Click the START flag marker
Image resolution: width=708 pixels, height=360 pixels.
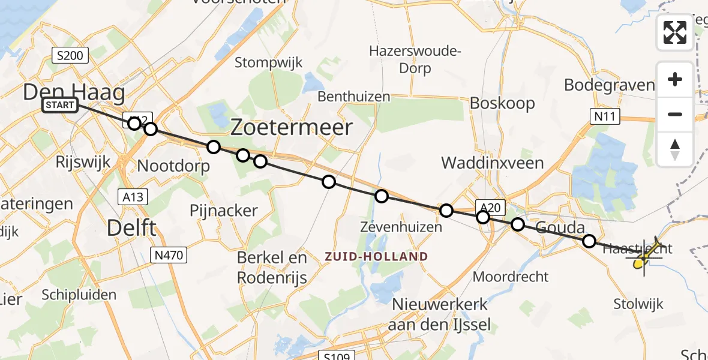[60, 106]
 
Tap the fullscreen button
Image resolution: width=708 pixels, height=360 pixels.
[675, 32]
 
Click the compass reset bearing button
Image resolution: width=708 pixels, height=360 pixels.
[675, 149]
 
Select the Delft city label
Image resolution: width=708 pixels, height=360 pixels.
[131, 228]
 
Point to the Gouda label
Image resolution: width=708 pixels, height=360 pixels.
[560, 228]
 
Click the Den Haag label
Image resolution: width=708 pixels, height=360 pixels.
[74, 92]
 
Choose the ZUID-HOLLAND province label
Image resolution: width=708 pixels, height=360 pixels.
[376, 257]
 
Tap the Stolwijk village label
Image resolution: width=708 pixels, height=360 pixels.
[638, 304]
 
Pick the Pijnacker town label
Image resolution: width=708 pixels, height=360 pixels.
[223, 211]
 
